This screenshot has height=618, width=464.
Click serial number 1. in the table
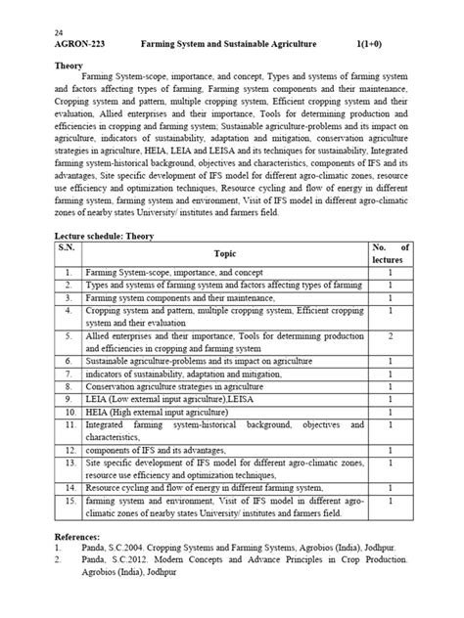tap(67, 271)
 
